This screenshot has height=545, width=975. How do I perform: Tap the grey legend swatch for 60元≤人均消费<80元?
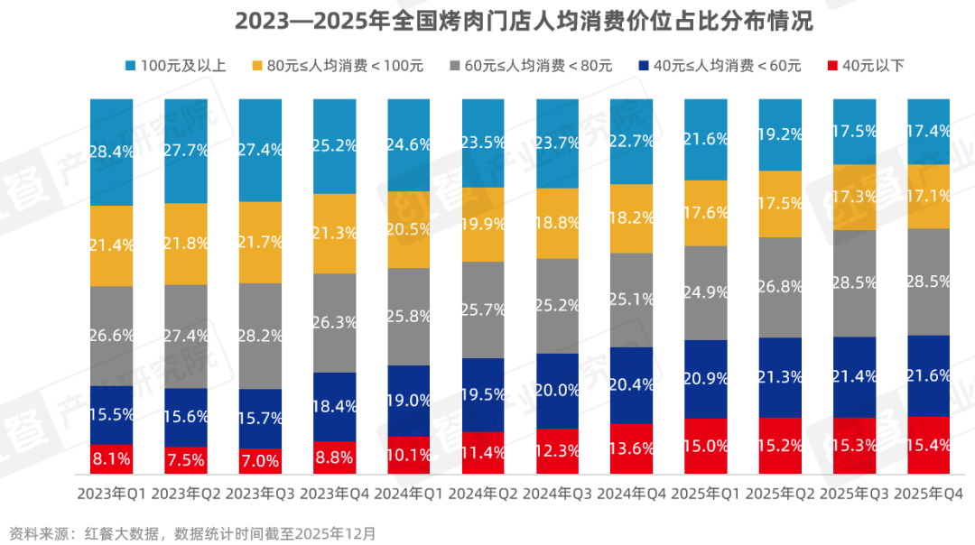point(455,65)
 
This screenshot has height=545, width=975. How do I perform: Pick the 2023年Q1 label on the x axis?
point(111,494)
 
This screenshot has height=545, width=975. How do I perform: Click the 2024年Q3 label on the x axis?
point(557,494)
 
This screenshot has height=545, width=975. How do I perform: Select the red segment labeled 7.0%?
point(260,461)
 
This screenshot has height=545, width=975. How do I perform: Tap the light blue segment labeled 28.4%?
point(111,152)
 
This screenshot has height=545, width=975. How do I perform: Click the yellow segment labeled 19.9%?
point(483,224)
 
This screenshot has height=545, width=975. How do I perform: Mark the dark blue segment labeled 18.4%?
point(334,407)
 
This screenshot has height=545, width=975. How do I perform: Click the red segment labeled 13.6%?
point(631,448)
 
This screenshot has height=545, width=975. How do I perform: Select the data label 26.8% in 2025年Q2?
point(779,287)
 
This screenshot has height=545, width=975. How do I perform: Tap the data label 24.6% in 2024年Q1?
point(408,144)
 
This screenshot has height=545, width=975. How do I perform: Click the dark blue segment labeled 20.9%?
point(705,378)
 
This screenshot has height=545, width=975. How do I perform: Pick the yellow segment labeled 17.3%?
point(853,197)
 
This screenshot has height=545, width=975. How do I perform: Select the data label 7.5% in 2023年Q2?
point(186,459)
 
